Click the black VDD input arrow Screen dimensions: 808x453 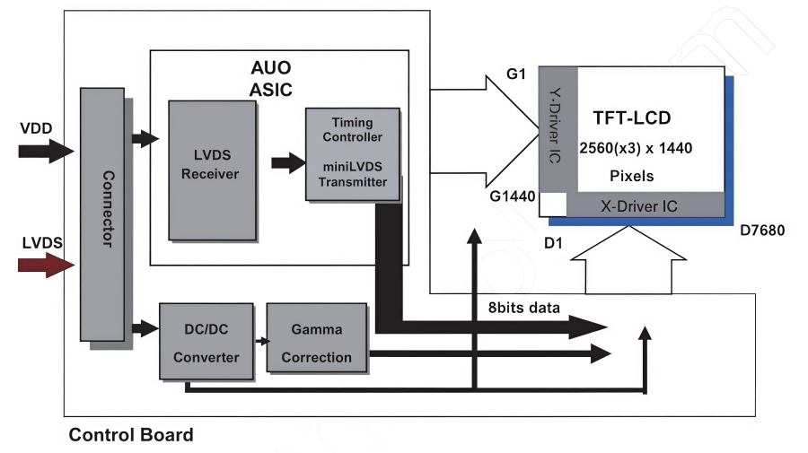[47, 151]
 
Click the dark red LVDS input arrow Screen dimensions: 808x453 [47, 266]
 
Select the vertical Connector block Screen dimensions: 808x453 [102, 214]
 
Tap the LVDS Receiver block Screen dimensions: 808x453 [212, 170]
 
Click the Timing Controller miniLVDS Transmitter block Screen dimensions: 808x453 [353, 154]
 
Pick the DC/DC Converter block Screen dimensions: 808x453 [206, 341]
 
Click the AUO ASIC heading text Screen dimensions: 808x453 [271, 78]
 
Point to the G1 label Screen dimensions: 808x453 [516, 74]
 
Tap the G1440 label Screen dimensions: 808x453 [513, 196]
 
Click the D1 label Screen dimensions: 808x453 [553, 243]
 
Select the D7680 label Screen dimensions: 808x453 [762, 231]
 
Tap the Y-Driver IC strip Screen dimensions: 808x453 [558, 129]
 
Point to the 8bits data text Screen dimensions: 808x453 [524, 308]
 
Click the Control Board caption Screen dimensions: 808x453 [131, 435]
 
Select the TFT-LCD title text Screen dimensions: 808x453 [632, 118]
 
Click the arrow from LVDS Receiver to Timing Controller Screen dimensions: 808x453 [288, 162]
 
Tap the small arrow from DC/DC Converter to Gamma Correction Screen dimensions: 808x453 [262, 341]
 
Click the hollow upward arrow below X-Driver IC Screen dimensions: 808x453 [628, 260]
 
